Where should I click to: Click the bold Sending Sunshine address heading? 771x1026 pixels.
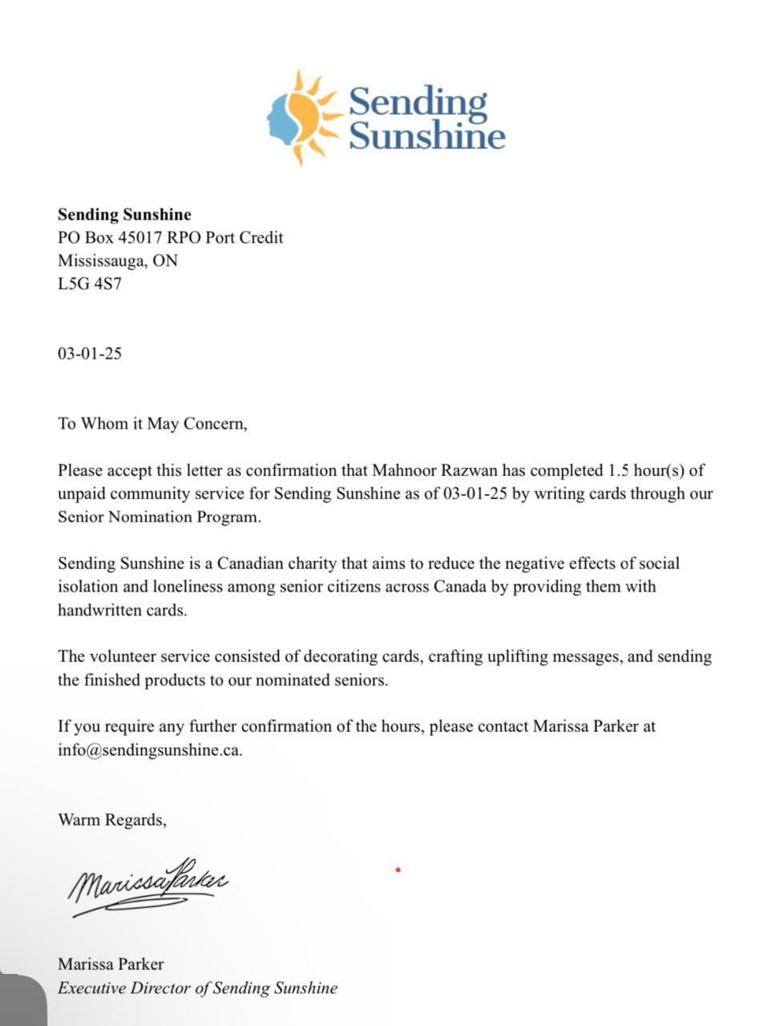(124, 215)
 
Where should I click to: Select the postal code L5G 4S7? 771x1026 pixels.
(90, 284)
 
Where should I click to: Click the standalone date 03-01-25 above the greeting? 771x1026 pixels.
(90, 353)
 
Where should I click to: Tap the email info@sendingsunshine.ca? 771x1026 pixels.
(149, 750)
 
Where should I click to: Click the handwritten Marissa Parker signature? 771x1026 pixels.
(148, 885)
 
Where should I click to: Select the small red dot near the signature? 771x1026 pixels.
(398, 870)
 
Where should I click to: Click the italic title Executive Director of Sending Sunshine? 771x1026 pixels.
(197, 988)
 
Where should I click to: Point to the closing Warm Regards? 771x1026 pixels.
(111, 820)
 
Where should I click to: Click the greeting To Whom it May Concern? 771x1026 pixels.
(152, 424)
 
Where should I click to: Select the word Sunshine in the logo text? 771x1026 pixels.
(426, 136)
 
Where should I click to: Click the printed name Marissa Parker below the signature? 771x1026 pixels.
(111, 964)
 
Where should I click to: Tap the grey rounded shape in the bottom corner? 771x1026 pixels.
(22, 1000)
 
